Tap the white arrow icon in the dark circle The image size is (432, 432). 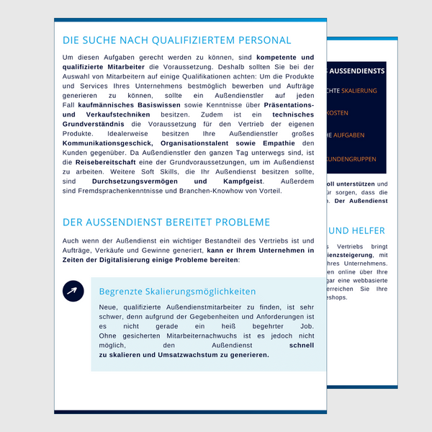73,291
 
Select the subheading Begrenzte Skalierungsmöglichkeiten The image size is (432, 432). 177,292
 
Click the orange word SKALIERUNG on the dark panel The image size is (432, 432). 359,91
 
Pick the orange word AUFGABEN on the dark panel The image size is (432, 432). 349,135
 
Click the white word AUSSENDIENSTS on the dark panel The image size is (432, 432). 358,71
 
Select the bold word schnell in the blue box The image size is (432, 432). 301,345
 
